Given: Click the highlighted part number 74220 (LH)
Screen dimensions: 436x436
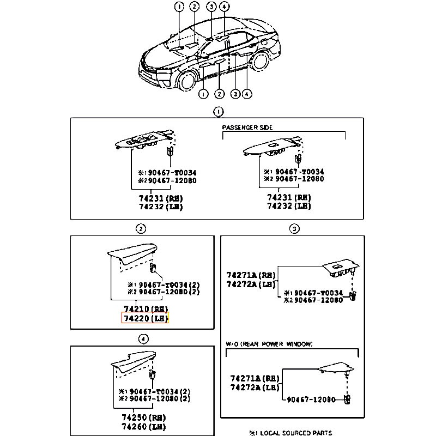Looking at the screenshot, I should pos(144,318).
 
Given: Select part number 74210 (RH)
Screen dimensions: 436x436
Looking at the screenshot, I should pos(144,308).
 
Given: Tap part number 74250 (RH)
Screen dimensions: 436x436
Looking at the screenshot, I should pos(144,416).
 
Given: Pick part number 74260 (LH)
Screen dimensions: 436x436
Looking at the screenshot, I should pos(144,426).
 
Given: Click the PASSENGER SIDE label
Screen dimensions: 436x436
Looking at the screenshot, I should pos(247,127).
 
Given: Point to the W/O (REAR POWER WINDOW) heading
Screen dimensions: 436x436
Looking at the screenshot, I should pos(269,344).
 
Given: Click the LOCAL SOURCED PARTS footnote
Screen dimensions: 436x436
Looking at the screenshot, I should pos(290,433).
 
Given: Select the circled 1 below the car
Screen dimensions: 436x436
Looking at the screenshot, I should pos(203,94).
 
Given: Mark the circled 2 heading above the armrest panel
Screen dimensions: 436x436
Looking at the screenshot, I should pos(141,228).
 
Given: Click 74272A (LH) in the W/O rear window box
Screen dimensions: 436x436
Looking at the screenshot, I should pos(251,387).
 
